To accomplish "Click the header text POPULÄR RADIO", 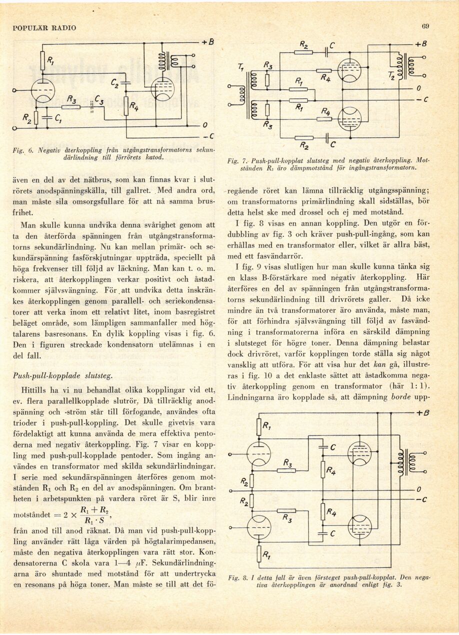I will click(x=44, y=28).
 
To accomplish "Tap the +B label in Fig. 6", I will click(x=207, y=43).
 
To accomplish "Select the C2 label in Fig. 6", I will click(x=115, y=78).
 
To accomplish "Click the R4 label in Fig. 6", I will click(x=134, y=106).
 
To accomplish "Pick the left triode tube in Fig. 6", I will click(x=43, y=91).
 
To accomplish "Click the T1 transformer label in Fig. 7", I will click(x=242, y=68).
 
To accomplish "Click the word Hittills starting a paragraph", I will click(x=34, y=389).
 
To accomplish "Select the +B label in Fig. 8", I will click(x=423, y=413).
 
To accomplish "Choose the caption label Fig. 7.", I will click(x=235, y=161).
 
